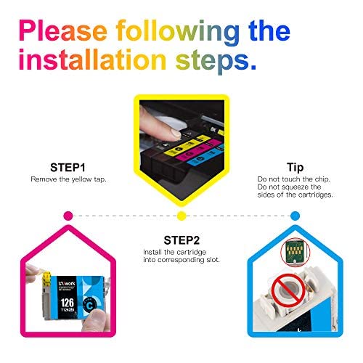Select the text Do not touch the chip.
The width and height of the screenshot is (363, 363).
tap(294, 178)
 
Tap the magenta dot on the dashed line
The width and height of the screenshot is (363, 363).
tap(68, 216)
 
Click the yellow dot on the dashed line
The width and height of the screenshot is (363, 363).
tap(182, 216)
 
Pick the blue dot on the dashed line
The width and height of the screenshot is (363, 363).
tap(295, 216)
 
